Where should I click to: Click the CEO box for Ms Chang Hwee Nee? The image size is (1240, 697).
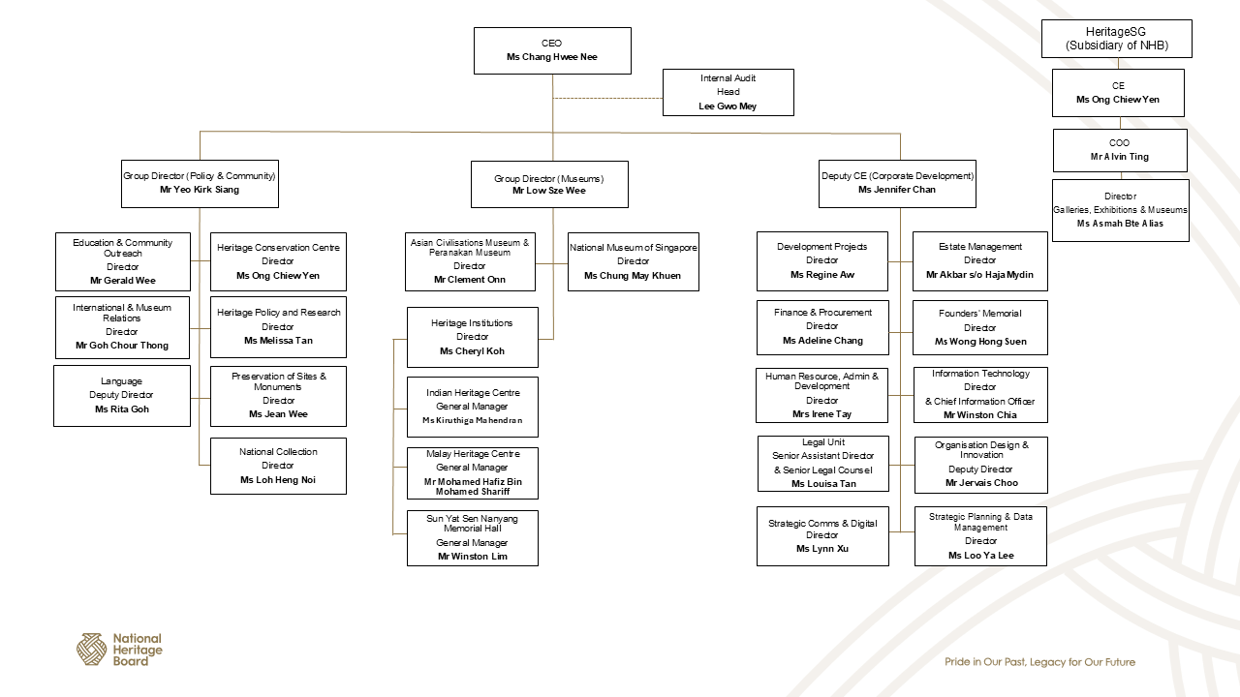pyautogui.click(x=552, y=50)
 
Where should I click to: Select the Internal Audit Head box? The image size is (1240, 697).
pyautogui.click(x=728, y=92)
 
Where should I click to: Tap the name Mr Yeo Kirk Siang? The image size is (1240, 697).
pyautogui.click(x=200, y=190)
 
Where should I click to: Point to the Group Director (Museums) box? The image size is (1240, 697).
pyautogui.click(x=549, y=184)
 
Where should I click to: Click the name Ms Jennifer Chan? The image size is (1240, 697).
pyautogui.click(x=896, y=190)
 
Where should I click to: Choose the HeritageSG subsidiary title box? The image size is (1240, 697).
pyautogui.click(x=1116, y=39)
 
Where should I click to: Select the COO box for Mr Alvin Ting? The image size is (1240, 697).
pyautogui.click(x=1120, y=150)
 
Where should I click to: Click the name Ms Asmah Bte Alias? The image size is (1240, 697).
pyautogui.click(x=1120, y=224)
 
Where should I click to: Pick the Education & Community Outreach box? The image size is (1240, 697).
pyautogui.click(x=123, y=261)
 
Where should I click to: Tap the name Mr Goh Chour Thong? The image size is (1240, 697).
pyautogui.click(x=122, y=346)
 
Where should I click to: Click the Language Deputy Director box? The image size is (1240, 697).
pyautogui.click(x=122, y=395)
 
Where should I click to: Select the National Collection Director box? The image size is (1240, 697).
pyautogui.click(x=278, y=466)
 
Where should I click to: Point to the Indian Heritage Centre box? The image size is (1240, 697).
pyautogui.click(x=473, y=407)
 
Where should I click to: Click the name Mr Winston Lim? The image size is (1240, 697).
pyautogui.click(x=473, y=557)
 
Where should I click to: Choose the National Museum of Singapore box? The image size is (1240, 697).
pyautogui.click(x=633, y=261)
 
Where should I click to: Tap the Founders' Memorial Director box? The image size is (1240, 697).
pyautogui.click(x=979, y=327)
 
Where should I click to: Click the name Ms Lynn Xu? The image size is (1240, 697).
pyautogui.click(x=822, y=549)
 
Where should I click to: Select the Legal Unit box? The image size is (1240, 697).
pyautogui.click(x=822, y=464)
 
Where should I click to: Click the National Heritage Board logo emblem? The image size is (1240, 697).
pyautogui.click(x=92, y=650)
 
